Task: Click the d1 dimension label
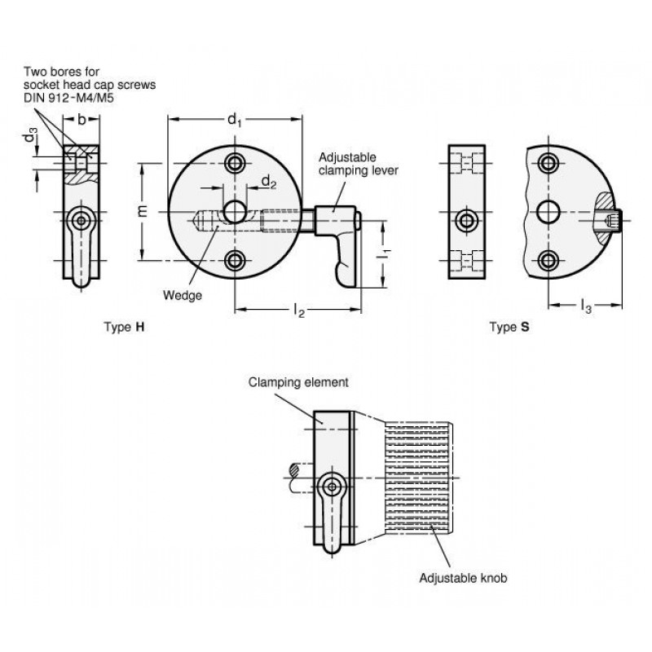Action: click(x=234, y=120)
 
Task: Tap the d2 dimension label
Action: click(x=269, y=182)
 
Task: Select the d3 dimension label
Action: click(x=30, y=135)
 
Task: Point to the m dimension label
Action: click(x=143, y=211)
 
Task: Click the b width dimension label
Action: click(x=82, y=120)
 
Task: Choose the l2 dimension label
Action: click(x=299, y=310)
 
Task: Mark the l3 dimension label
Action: click(x=585, y=306)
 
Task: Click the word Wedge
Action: click(x=182, y=295)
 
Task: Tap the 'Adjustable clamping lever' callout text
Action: click(x=359, y=164)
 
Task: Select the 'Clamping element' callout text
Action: click(x=298, y=382)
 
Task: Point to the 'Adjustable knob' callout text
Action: click(x=463, y=578)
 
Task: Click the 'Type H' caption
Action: click(x=125, y=327)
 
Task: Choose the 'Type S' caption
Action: click(x=509, y=327)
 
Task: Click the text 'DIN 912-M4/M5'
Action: click(x=68, y=98)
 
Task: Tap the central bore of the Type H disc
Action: click(x=235, y=212)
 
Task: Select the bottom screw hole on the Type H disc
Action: click(x=235, y=261)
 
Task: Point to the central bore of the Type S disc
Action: click(x=548, y=212)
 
